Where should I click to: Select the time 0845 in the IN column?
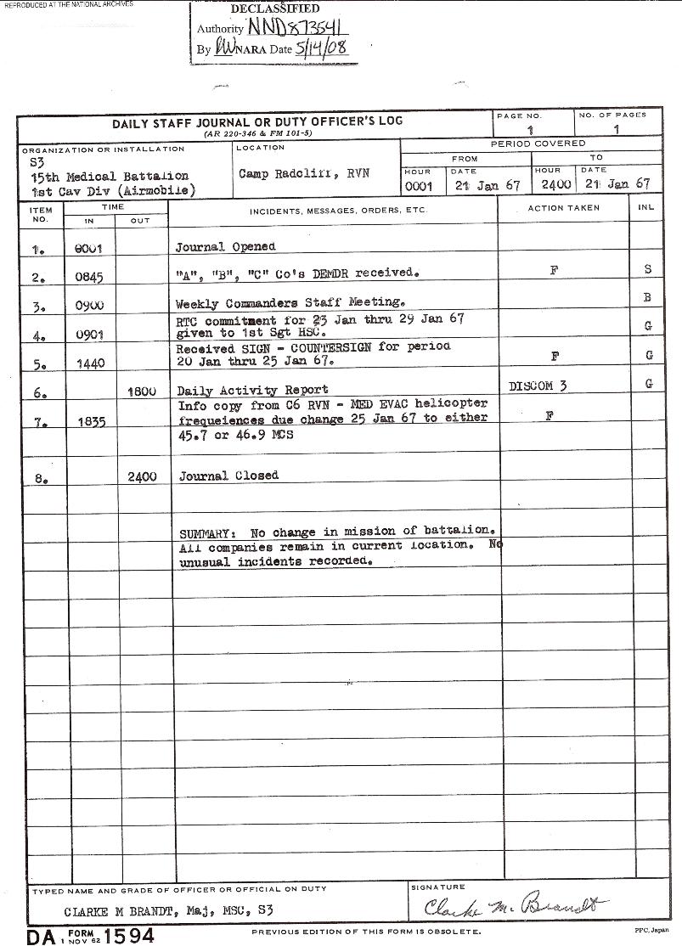click(x=89, y=275)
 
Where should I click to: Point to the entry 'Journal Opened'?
click(x=225, y=247)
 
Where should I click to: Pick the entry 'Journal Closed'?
click(x=228, y=476)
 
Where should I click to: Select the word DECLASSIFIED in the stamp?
click(x=275, y=8)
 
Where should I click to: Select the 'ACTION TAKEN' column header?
click(x=563, y=208)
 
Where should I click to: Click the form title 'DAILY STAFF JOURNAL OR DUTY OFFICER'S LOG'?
click(x=257, y=122)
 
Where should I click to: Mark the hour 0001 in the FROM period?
click(x=419, y=184)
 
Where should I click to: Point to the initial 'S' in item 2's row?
click(x=648, y=269)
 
